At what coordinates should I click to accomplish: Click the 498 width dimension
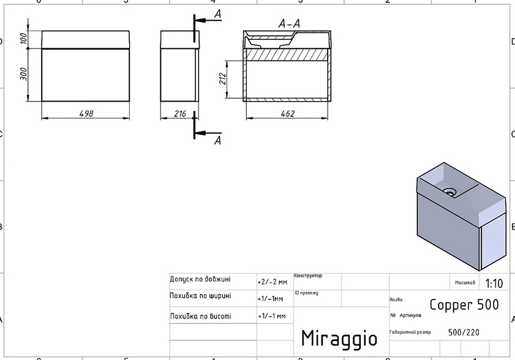pos(86,113)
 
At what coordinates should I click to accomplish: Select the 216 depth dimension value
pos(179,113)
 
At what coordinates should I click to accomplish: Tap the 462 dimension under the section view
pos(287,113)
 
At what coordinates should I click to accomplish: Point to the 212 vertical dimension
pos(223,79)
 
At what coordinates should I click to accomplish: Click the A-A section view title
pos(288,24)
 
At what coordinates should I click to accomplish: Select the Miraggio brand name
pos(339,337)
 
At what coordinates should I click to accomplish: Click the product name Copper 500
pos(464,304)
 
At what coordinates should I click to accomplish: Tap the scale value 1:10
pos(494,283)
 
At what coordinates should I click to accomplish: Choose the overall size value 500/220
pos(464,332)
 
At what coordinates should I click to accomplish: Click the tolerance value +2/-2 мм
pos(272,282)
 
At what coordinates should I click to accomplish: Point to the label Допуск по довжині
pos(200,279)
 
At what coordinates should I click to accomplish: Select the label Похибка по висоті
pos(200,316)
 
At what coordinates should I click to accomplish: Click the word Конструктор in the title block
pos(308,276)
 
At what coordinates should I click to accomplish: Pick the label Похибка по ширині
pos(200,296)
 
